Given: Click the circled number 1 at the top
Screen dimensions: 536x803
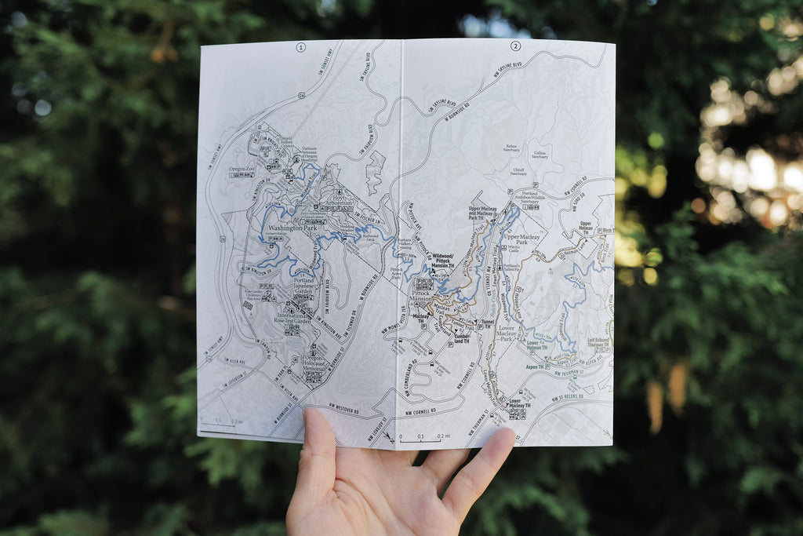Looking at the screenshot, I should tap(300, 47).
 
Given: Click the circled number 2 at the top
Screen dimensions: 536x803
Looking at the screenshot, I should tap(515, 46).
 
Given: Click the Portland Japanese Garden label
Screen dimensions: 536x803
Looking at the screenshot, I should tap(303, 285).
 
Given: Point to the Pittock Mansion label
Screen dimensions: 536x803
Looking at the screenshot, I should tap(420, 299).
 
